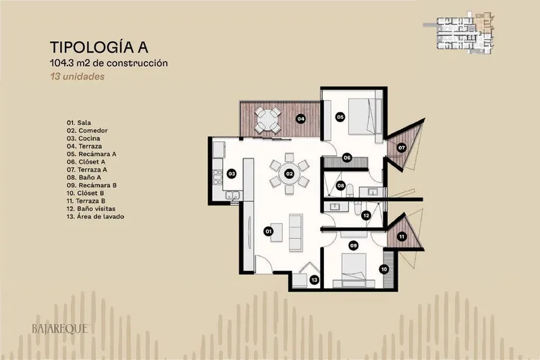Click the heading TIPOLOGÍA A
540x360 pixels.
(99, 47)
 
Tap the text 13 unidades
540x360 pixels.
(77, 76)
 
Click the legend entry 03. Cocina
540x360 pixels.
(83, 138)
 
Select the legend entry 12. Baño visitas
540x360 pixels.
(91, 209)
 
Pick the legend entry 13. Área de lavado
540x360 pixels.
(95, 216)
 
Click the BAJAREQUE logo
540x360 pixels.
(60, 329)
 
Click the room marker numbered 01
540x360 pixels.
(268, 231)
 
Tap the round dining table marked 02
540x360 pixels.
(290, 174)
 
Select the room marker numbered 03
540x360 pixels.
(232, 174)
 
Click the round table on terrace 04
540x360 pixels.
(267, 120)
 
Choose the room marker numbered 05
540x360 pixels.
(340, 117)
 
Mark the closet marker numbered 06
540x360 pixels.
(347, 158)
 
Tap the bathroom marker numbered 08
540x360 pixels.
(341, 186)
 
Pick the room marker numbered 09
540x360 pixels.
(353, 246)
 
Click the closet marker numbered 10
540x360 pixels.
(384, 269)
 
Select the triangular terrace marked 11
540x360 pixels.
(404, 235)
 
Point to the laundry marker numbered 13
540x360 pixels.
(314, 280)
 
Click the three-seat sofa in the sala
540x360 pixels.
(296, 232)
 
